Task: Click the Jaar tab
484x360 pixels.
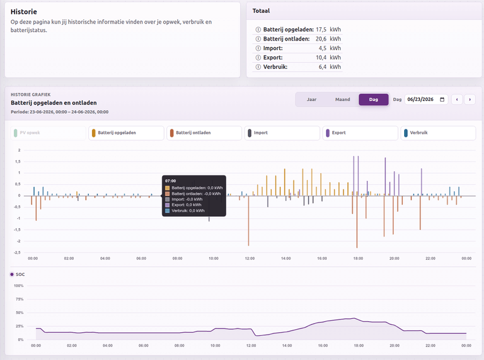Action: point(312,99)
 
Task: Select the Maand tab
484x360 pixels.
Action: point(342,99)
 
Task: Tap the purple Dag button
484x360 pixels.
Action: point(373,99)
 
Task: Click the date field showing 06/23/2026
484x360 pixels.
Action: point(426,99)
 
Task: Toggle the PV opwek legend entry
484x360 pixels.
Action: point(48,133)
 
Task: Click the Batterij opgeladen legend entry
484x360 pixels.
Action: point(126,133)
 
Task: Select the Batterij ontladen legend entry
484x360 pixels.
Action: point(204,133)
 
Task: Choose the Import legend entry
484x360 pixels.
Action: point(282,133)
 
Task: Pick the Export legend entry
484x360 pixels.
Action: point(360,133)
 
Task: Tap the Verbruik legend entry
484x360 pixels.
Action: point(438,133)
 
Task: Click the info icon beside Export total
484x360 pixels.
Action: point(258,57)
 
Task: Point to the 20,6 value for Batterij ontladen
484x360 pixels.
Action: point(321,39)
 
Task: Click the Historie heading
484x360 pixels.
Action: point(24,11)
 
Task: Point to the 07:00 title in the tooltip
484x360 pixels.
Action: point(171,181)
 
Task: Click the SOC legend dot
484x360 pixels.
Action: point(12,274)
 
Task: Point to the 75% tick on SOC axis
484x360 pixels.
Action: point(19,299)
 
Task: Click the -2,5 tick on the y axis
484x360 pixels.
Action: point(18,252)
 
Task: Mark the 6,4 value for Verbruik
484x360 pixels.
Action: point(322,67)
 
